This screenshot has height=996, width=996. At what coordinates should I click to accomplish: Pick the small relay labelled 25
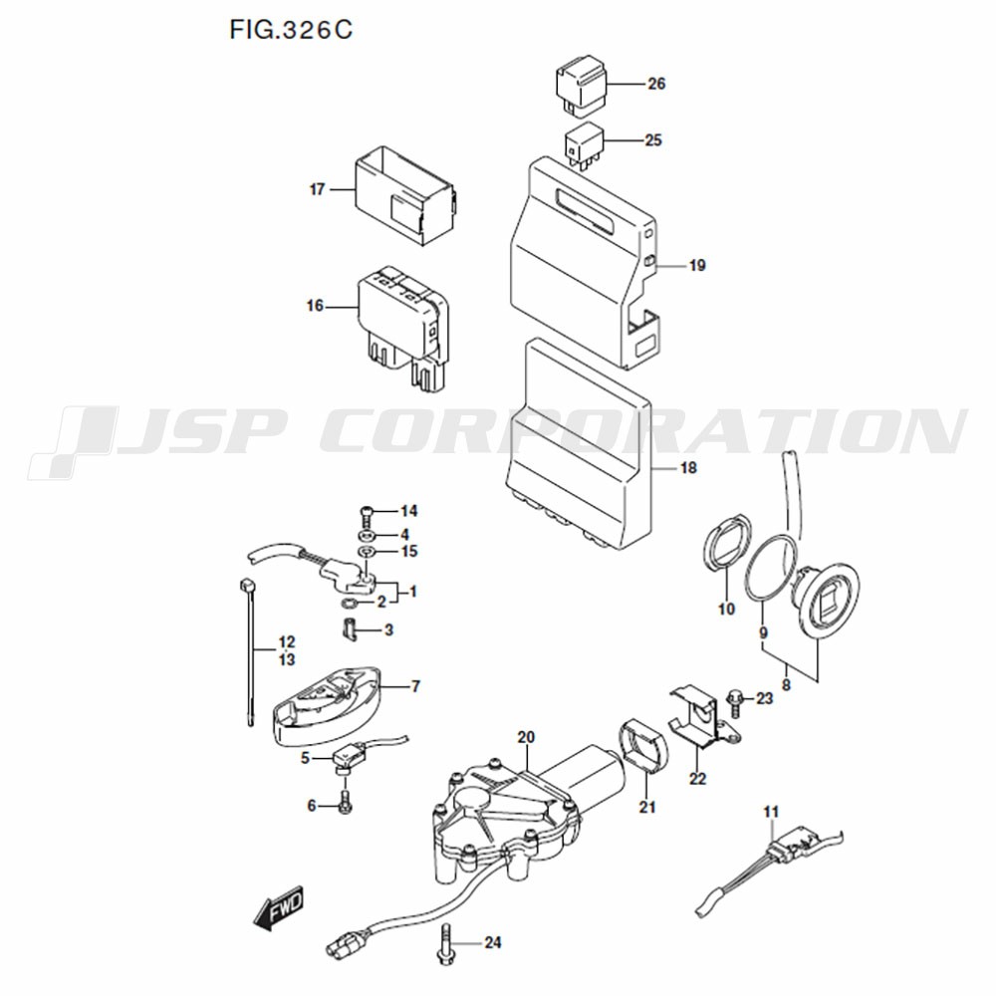(x=583, y=143)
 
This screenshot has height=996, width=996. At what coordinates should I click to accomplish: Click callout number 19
(x=696, y=266)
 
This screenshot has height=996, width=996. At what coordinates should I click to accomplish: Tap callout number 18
(x=687, y=468)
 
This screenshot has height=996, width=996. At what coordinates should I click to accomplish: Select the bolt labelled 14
(x=365, y=513)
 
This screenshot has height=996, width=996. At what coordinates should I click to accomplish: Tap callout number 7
(x=415, y=686)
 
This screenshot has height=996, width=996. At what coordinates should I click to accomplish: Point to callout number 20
(x=527, y=737)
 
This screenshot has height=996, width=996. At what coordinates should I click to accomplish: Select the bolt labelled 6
(x=345, y=802)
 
